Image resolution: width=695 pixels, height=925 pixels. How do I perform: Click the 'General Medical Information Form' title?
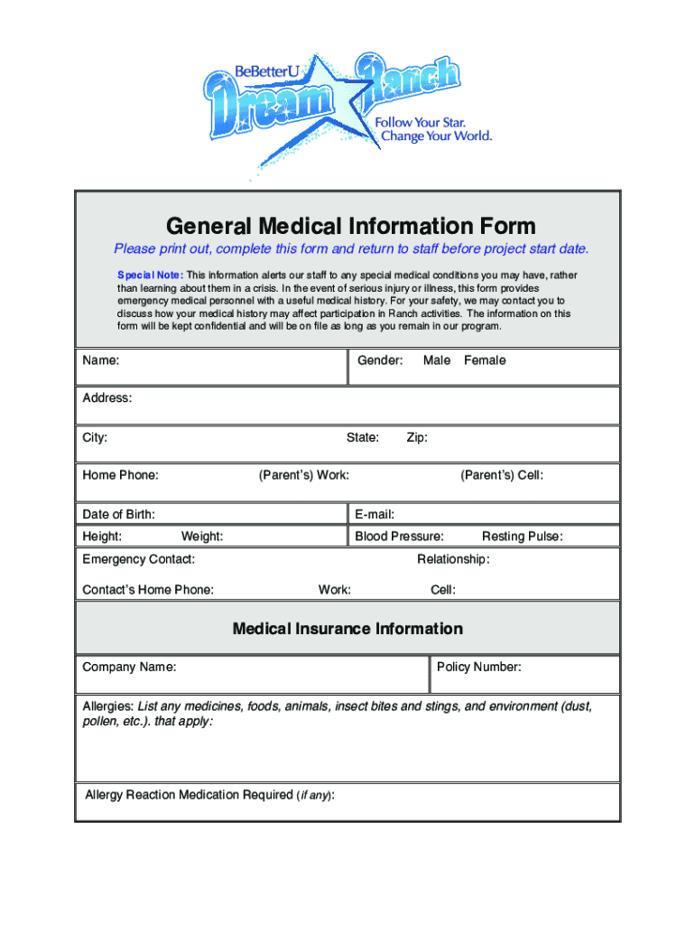tap(347, 225)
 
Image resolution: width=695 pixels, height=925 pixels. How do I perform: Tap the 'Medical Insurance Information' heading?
tap(347, 629)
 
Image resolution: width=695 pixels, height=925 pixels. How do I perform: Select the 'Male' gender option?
tap(437, 360)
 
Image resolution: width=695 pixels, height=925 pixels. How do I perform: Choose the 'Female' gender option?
tap(485, 360)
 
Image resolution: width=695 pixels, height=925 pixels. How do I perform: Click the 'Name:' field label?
tap(101, 360)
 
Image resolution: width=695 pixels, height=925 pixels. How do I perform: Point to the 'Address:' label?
tap(107, 398)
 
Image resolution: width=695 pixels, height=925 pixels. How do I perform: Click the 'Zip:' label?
tap(417, 438)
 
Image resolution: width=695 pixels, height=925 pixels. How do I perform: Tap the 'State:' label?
tap(363, 438)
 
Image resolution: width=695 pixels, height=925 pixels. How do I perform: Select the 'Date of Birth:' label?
tap(118, 515)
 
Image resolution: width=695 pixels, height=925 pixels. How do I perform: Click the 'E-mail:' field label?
tap(375, 515)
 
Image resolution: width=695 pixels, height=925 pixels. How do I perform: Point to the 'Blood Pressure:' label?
tap(399, 537)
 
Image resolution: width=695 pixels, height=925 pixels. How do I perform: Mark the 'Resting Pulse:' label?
tap(522, 537)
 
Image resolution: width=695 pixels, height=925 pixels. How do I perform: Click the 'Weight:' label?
tap(202, 537)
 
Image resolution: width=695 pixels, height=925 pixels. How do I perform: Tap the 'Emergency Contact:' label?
tap(138, 559)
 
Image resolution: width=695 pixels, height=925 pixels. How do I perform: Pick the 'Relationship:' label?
tap(453, 559)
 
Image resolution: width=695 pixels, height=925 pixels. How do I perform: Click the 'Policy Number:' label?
tap(478, 668)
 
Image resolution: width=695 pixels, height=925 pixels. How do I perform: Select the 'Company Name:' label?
tap(129, 668)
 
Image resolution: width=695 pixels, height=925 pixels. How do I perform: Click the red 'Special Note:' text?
tap(150, 275)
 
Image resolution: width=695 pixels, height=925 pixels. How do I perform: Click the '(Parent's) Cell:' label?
tap(502, 475)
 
